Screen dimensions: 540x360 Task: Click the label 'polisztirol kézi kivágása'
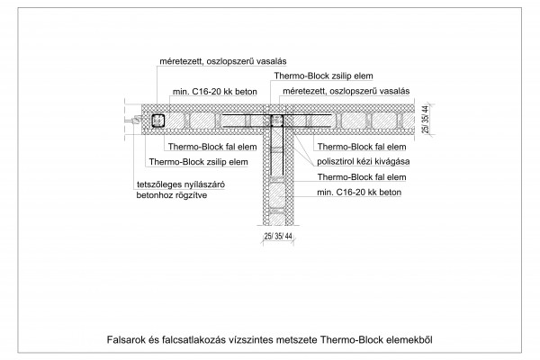[x=363, y=162]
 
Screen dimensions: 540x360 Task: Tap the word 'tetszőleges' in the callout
[x=157, y=184]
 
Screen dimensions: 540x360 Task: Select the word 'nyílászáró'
[x=203, y=184]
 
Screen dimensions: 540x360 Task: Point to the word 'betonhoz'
[x=153, y=195]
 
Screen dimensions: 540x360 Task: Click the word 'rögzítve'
[x=190, y=195]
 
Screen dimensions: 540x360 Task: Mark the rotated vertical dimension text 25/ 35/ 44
[x=426, y=120]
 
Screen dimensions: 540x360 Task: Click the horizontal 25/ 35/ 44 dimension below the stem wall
[x=278, y=237]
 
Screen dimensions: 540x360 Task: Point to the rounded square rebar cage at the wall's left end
[x=158, y=121]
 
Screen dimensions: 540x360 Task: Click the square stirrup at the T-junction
[x=276, y=121]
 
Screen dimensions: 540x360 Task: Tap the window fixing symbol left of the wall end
[x=133, y=121]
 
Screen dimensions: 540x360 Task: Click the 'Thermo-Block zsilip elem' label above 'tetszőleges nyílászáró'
[x=198, y=162]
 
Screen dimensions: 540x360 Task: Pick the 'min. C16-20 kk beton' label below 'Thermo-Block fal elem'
[x=359, y=193]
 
